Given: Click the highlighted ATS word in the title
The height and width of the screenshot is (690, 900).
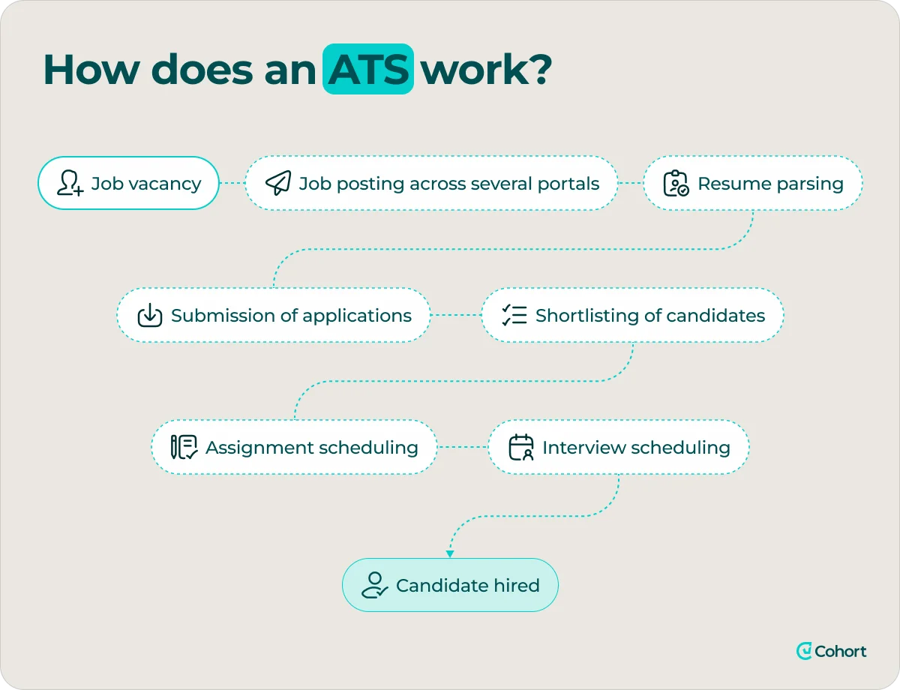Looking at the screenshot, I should point(368,69).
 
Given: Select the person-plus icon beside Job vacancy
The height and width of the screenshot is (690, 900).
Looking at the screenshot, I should point(70,183).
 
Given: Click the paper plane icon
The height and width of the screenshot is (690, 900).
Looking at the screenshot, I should point(278,183).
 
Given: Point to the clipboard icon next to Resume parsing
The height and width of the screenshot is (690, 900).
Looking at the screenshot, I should point(676,183).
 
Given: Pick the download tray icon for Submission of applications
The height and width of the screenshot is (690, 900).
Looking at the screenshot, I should point(150,316).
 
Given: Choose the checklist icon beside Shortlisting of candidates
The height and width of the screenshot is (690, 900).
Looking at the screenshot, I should point(514,316).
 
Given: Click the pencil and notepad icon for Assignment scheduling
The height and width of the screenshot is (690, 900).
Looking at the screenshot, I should point(184,448).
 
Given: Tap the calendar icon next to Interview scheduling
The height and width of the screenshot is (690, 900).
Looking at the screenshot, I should point(521,448).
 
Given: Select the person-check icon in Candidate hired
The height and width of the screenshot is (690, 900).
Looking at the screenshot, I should point(374,585).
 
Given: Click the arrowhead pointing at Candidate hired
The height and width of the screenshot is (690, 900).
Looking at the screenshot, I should point(450,554).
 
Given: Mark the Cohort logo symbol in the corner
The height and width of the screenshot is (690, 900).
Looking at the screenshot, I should point(804,651).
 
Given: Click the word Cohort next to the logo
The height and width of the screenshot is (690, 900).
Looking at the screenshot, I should point(840,651).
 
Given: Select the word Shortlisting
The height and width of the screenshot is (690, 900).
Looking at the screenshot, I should point(583,316).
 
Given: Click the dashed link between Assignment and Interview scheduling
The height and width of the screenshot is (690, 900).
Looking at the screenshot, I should point(462,448).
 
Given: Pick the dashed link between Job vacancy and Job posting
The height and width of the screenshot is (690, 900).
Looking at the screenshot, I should point(232,184).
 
